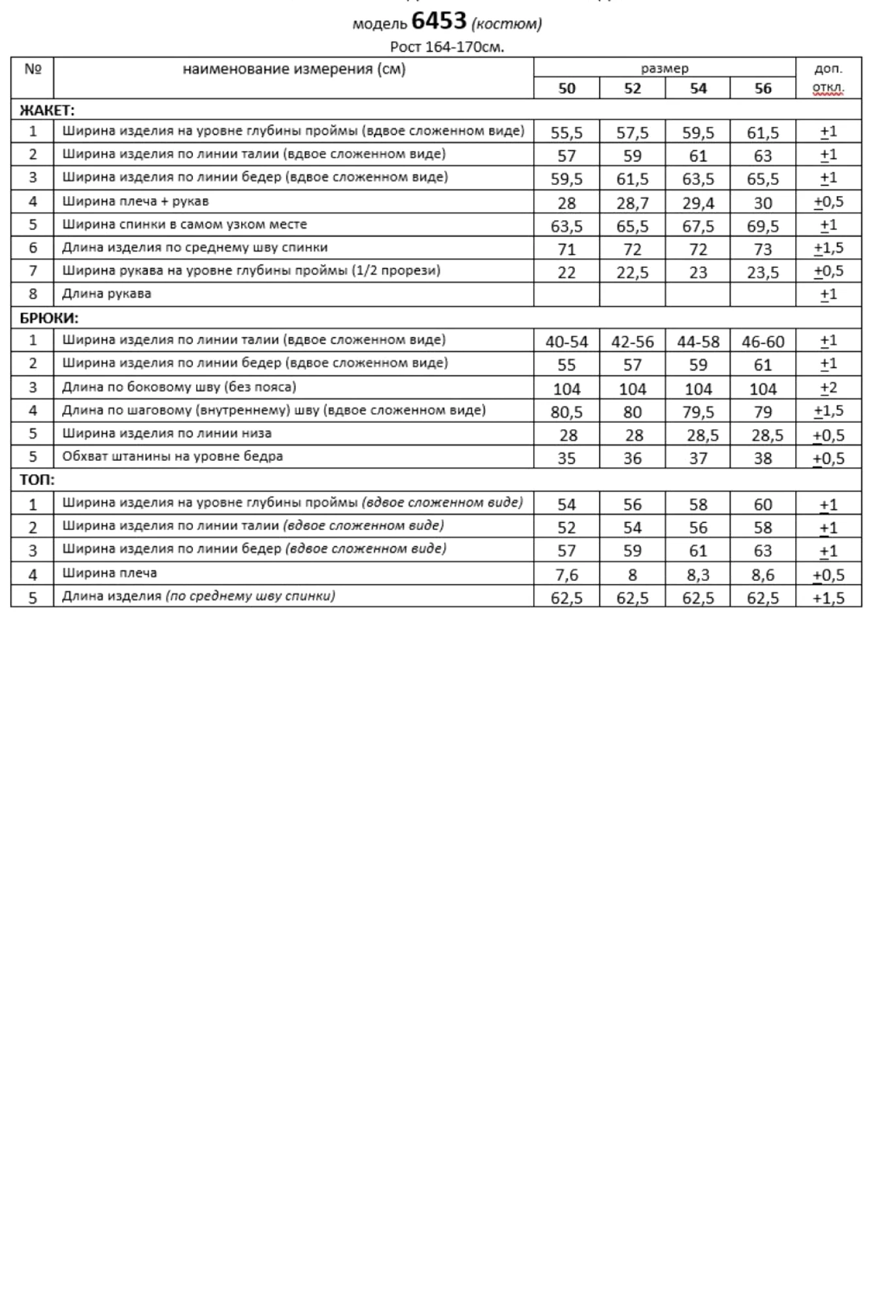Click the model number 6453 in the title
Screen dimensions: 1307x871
point(438,22)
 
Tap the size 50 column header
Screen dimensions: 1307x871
point(567,89)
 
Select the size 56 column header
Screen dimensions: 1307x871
point(763,89)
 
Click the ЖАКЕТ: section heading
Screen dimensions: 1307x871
point(47,110)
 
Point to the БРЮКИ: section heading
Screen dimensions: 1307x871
point(49,318)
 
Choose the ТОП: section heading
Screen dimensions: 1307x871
point(37,480)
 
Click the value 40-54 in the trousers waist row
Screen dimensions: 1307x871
point(567,342)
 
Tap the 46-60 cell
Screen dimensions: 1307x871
point(763,342)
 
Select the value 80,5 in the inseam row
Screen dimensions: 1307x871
point(567,412)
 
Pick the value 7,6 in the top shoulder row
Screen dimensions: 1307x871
point(567,575)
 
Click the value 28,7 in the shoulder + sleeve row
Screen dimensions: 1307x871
point(632,203)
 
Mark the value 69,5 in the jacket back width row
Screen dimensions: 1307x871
point(763,227)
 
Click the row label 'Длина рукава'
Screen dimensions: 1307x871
point(107,294)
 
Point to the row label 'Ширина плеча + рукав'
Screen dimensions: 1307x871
point(135,201)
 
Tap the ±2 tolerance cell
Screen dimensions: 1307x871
point(828,388)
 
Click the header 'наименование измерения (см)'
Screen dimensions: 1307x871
point(293,69)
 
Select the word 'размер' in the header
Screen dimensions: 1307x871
point(664,68)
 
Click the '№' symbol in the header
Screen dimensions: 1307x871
point(33,69)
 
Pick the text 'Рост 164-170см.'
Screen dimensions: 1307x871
point(447,47)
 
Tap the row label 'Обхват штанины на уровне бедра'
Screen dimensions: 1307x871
point(173,456)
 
